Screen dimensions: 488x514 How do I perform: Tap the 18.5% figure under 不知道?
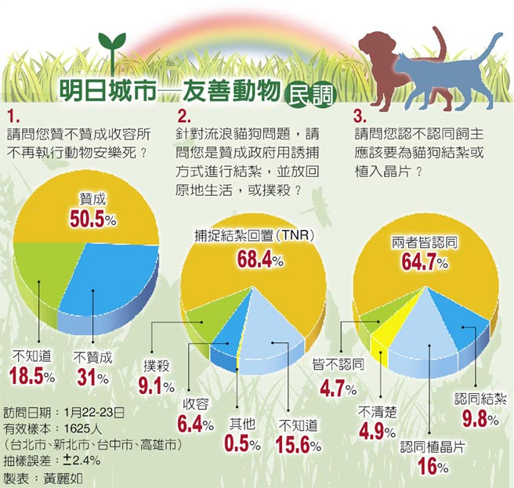(x=31, y=376)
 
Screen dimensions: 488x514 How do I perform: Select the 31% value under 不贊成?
(x=91, y=377)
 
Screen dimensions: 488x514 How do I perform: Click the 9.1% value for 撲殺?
(x=157, y=385)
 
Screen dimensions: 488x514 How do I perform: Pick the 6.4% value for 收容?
(x=197, y=425)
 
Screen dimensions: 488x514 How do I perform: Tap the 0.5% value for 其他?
(x=241, y=444)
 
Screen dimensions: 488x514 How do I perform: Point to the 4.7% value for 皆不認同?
(x=338, y=387)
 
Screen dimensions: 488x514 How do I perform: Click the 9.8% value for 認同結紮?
(x=480, y=420)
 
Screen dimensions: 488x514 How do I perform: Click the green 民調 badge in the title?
(x=308, y=94)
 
